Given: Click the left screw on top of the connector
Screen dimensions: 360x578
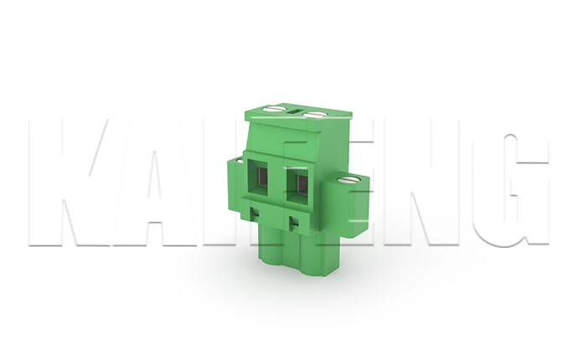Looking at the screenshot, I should (274, 108).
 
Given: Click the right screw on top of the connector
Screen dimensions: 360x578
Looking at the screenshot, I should (313, 114).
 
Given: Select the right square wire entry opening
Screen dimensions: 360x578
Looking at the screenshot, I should (297, 181).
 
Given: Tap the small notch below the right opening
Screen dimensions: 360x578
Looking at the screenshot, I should (293, 223).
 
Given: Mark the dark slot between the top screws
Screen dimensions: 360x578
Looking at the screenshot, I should (296, 109).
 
